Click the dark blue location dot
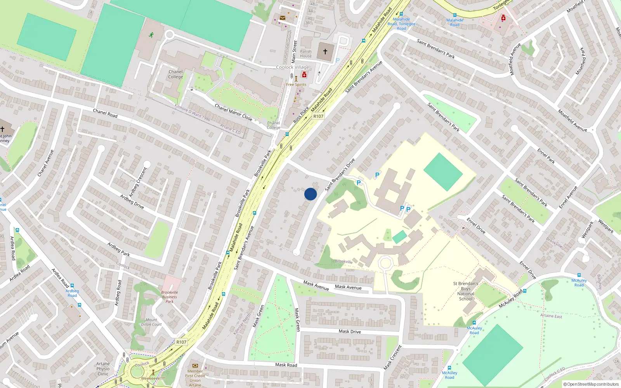pos(310,194)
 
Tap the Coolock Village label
pos(293,67)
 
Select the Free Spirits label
pos(296,85)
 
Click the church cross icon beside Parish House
pos(325,51)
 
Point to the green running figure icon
pos(151,35)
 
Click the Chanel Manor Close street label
pos(233,112)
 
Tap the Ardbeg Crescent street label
pos(138,182)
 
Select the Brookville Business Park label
pos(170,297)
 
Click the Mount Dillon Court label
pos(151,322)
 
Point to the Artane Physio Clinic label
pos(103,369)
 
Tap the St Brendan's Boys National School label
pos(466,291)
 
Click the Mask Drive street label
pos(350,331)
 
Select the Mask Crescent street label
pos(392,357)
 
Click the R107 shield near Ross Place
pos(318,116)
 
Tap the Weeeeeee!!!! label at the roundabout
pos(153,378)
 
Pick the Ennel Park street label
pos(546,156)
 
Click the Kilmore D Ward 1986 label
pos(193,113)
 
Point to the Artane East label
pos(551,316)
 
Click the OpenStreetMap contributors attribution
pos(591,385)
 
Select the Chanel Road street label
pos(105,113)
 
